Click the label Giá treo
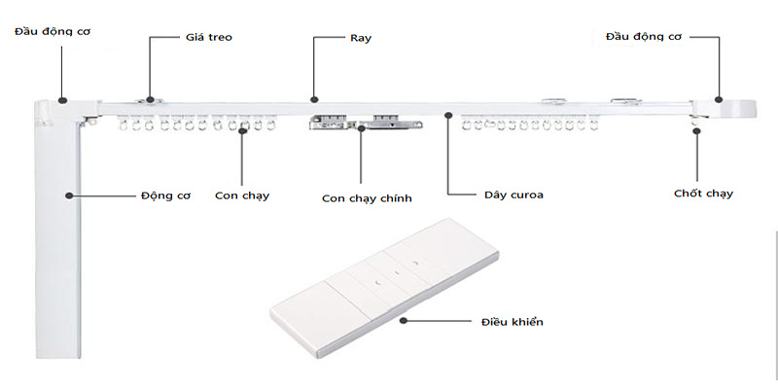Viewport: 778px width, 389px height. pos(208,38)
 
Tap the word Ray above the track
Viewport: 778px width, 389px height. pos(360,38)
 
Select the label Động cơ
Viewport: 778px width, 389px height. pos(164,194)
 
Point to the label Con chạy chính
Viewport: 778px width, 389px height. pos(368,198)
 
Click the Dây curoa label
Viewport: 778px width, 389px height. pos(513,194)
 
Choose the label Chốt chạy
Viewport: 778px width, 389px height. pos(703,194)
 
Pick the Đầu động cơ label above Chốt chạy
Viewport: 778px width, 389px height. pos(644,37)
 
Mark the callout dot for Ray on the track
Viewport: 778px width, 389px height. pos(313,98)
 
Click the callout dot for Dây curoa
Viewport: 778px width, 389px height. pos(448,115)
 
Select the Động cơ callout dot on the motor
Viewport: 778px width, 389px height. pos(70,194)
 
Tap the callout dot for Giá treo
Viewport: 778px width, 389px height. pos(149,98)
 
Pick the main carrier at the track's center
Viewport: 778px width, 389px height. pos(367,123)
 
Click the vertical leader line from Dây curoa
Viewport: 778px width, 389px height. pos(448,156)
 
